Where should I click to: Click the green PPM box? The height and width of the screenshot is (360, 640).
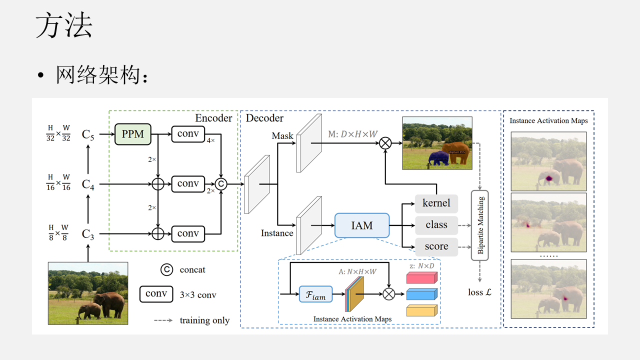(133, 134)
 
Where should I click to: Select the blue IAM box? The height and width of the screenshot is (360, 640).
(361, 225)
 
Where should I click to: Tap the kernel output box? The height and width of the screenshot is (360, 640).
(436, 203)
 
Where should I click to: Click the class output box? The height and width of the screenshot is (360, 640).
(436, 225)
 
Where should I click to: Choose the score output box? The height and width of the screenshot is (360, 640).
(436, 246)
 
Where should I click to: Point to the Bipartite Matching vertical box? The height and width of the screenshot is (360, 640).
(480, 225)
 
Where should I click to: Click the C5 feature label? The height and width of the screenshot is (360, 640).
(88, 134)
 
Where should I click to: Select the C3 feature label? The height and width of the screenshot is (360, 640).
(88, 234)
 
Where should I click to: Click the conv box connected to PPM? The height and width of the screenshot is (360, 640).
(188, 134)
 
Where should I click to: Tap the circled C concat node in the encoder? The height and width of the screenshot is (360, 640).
(220, 184)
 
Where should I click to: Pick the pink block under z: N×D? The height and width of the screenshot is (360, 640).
(421, 277)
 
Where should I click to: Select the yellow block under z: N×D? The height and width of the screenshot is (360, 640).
(421, 310)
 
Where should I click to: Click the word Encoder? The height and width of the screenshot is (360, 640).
(213, 118)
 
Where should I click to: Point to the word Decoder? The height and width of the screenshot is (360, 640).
(264, 118)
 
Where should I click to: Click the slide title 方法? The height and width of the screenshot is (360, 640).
(64, 26)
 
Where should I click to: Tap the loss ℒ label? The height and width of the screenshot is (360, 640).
(479, 292)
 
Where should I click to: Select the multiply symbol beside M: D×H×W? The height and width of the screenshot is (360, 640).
(385, 143)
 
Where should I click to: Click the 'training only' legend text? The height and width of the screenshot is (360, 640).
(204, 320)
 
